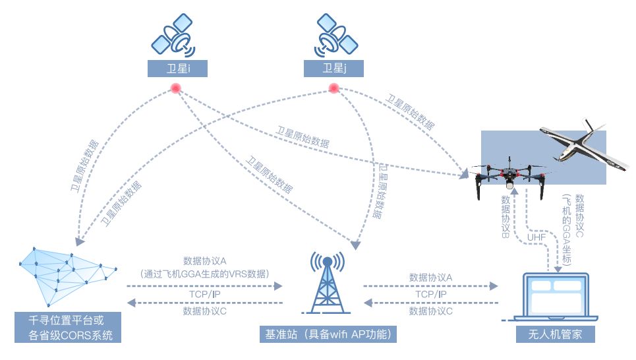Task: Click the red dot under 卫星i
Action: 176,88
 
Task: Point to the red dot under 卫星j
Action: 334,88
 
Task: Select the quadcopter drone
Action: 509,175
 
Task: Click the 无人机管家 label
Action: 555,335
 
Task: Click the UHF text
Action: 536,237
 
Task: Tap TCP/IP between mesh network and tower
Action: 204,294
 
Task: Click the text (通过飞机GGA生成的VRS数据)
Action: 204,273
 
